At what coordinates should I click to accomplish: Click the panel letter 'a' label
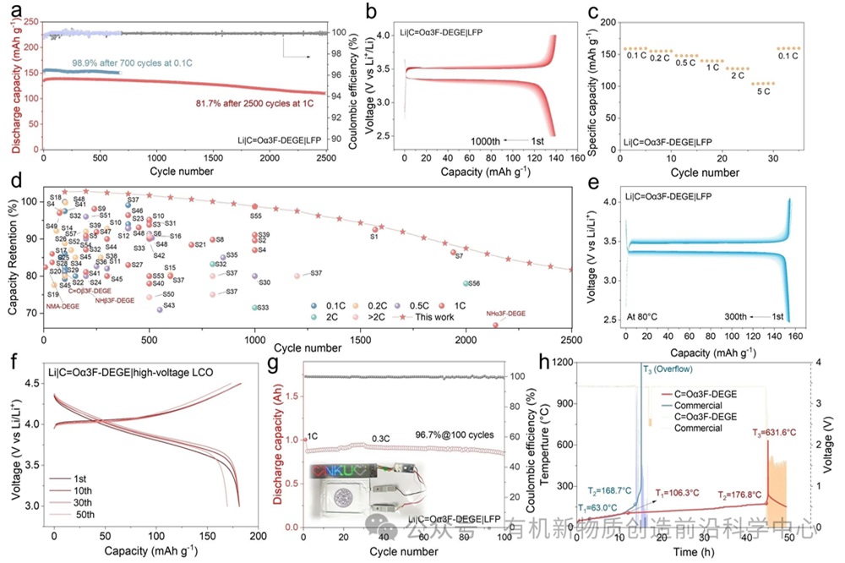click(x=11, y=12)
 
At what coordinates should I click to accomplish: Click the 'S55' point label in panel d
click(x=257, y=216)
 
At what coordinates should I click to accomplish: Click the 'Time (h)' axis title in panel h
click(x=684, y=551)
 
